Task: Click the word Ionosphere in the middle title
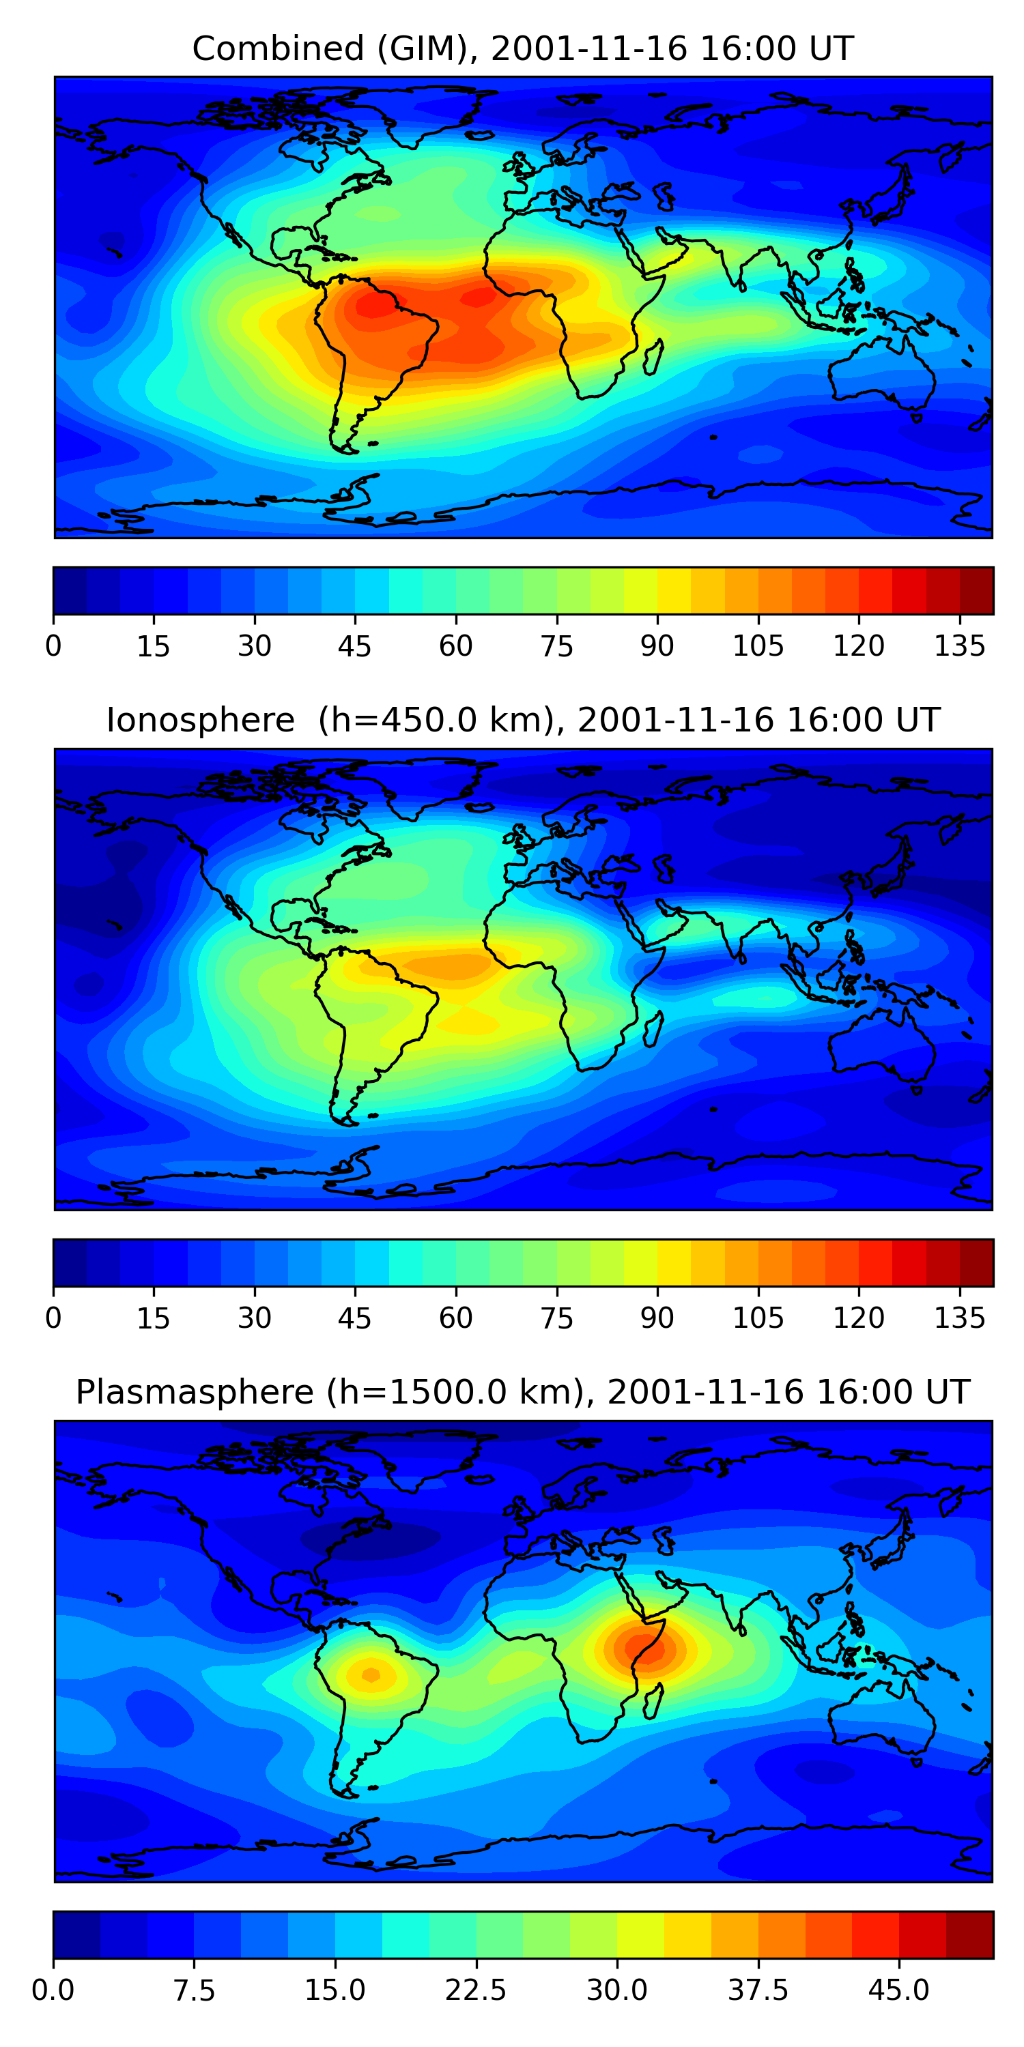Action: (x=200, y=721)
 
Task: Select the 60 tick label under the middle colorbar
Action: (x=455, y=1318)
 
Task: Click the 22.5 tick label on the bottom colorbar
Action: (x=475, y=1990)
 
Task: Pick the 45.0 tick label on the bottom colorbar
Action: (x=898, y=1990)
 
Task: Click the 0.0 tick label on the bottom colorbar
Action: (x=53, y=1990)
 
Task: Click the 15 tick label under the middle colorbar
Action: (x=154, y=1318)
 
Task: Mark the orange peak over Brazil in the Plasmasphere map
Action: (x=371, y=1675)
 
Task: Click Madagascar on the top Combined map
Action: (x=653, y=358)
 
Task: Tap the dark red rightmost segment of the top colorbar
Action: (x=976, y=591)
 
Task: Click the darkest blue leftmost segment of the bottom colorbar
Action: (x=76, y=1935)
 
